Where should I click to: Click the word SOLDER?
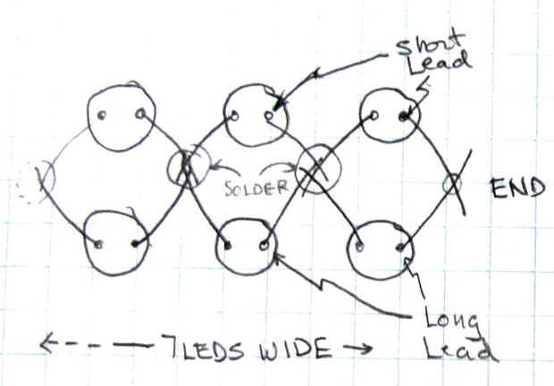[x=256, y=188]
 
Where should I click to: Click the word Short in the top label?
[x=430, y=45]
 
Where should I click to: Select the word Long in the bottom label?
[x=452, y=322]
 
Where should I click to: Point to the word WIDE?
[x=296, y=348]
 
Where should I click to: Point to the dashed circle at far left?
[x=19, y=184]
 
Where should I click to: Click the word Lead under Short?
[x=439, y=64]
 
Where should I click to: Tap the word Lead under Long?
[x=460, y=349]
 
